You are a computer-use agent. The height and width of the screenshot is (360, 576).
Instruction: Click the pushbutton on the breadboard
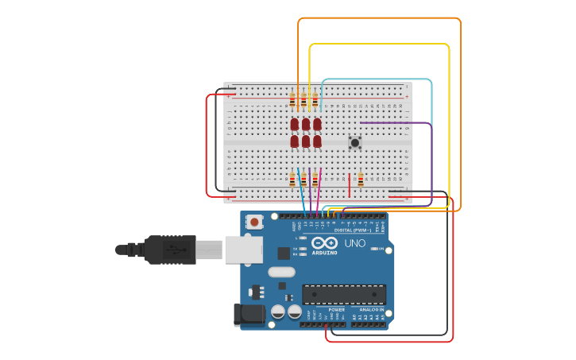[355, 142]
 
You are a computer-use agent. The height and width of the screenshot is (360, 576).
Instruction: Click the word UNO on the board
[355, 243]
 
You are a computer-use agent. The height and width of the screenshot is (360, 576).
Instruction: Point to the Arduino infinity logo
[324, 242]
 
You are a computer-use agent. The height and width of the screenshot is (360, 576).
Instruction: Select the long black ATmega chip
[344, 294]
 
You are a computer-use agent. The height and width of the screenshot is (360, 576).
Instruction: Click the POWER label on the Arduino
[326, 309]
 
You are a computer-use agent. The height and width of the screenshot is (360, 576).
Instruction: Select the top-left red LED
[295, 124]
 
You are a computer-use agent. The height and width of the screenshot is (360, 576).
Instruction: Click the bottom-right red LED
[317, 141]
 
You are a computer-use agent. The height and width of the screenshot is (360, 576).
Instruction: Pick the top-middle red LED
[306, 124]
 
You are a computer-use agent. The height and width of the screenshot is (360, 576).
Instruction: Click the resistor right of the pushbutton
[361, 180]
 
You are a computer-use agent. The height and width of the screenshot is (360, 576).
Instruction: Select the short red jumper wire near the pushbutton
[350, 184]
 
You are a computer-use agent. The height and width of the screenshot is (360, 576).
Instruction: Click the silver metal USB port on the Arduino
[243, 250]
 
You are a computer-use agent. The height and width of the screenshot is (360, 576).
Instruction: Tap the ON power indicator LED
[381, 250]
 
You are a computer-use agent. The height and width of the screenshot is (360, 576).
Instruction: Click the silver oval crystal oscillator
[282, 272]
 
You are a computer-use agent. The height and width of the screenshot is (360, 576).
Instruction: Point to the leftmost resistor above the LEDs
[292, 100]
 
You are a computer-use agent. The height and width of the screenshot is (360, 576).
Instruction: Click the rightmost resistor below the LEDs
[315, 180]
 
